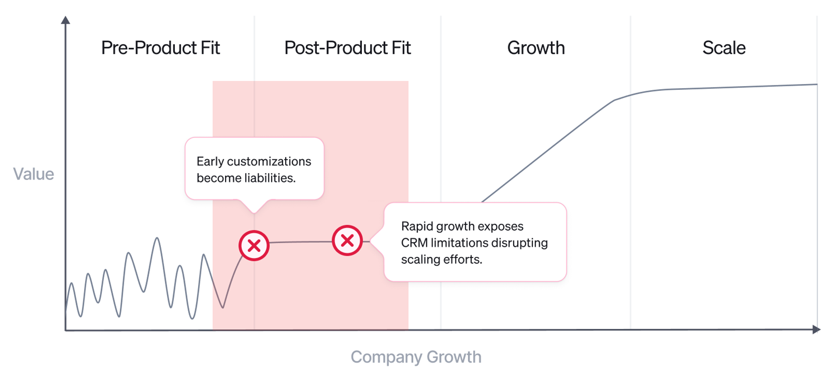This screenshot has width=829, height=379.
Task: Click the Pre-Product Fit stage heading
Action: [x=160, y=48]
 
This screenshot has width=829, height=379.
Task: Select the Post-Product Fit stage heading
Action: [x=347, y=48]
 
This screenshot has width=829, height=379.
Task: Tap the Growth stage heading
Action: [x=536, y=48]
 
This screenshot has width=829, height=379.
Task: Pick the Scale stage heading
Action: [x=724, y=48]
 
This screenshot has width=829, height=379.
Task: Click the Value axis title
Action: [x=34, y=174]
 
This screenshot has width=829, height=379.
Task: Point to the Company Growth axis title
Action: [x=416, y=357]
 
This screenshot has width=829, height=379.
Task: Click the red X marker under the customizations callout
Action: [x=254, y=246]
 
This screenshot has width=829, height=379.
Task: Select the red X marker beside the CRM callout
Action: [x=347, y=240]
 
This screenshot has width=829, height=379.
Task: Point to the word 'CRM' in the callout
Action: [x=414, y=243]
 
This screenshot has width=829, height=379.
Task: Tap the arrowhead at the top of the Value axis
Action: [x=65, y=20]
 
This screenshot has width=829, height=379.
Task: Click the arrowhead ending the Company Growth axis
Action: [x=816, y=330]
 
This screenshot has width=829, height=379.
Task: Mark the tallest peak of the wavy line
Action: [x=157, y=238]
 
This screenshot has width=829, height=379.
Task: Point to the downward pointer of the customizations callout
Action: [x=254, y=209]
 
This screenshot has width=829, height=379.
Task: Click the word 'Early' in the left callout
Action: [x=210, y=161]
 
